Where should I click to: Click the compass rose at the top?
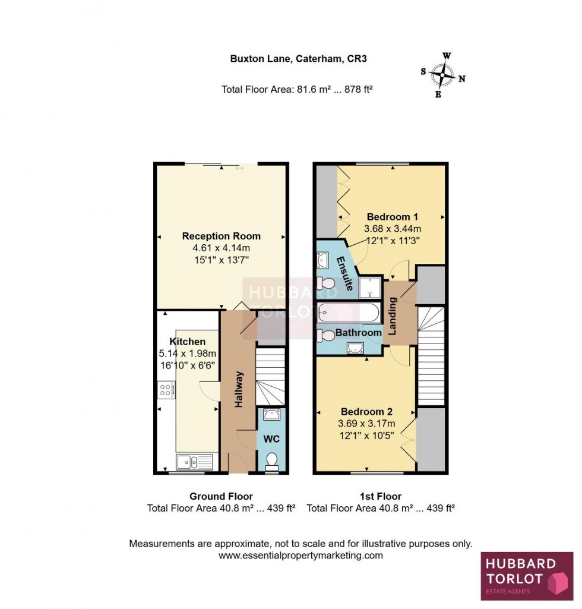443,75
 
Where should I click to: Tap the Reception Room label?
221,236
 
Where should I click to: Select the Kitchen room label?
188,342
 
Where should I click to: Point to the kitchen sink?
194,461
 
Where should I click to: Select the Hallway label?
239,389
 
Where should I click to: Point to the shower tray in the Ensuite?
370,287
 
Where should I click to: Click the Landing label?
393,315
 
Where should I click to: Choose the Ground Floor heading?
221,496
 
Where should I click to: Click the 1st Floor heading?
381,496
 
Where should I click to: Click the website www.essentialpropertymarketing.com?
301,556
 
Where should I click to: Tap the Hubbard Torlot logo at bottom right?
527,576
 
